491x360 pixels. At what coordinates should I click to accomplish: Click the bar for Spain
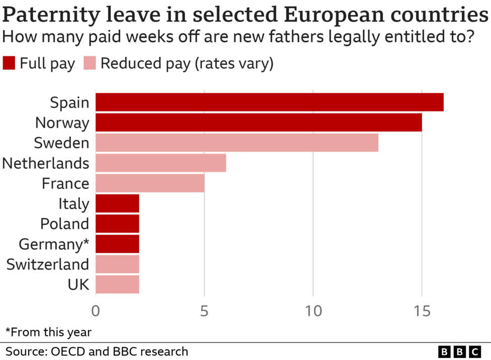(269, 103)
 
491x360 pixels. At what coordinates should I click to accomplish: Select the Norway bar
(259, 123)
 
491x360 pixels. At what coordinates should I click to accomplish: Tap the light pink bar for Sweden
(236, 143)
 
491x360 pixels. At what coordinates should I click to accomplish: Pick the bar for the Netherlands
(160, 163)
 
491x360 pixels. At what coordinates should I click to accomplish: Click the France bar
(150, 183)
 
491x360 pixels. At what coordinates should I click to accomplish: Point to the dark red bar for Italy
(117, 204)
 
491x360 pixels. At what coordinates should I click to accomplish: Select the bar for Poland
(117, 224)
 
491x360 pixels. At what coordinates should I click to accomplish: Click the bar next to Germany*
(117, 244)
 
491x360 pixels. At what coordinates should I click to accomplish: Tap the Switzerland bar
(117, 264)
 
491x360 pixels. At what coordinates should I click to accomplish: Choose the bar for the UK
(117, 284)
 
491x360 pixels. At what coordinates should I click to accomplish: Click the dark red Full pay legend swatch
(9, 64)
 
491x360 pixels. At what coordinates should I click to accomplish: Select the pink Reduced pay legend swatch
(90, 64)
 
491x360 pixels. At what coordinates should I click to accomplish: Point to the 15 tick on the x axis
(422, 312)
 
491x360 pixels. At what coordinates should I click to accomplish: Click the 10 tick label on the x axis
(313, 312)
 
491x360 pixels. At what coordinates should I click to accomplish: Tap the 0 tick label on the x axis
(96, 312)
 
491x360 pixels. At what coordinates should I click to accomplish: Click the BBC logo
(460, 351)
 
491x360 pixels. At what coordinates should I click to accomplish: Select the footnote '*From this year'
(48, 332)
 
